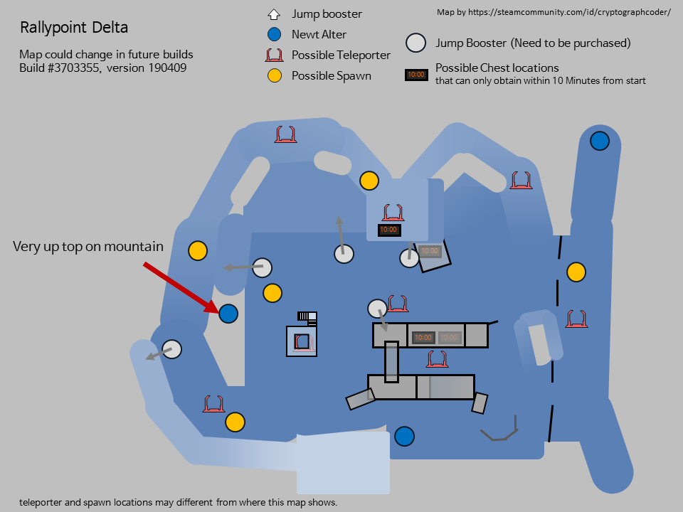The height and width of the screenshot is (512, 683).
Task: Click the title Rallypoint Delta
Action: pyautogui.click(x=74, y=28)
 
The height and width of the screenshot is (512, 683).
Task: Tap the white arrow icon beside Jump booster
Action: pyautogui.click(x=273, y=14)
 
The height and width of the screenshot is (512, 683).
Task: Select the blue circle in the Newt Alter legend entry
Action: pyautogui.click(x=275, y=34)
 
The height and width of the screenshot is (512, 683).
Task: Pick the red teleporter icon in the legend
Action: pyautogui.click(x=275, y=55)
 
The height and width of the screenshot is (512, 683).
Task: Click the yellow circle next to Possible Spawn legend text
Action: pyautogui.click(x=275, y=76)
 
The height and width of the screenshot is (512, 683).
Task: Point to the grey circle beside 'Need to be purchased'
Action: pyautogui.click(x=416, y=43)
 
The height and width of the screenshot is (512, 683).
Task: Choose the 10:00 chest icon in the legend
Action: pyautogui.click(x=416, y=75)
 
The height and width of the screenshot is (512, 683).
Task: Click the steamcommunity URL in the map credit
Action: pyautogui.click(x=569, y=12)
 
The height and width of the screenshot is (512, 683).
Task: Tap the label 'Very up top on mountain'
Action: pyautogui.click(x=88, y=247)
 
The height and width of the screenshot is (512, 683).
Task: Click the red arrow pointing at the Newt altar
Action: pyautogui.click(x=181, y=287)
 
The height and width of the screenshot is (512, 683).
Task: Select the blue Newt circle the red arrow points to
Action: pyautogui.click(x=228, y=314)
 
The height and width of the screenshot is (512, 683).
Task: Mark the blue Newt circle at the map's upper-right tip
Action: pyautogui.click(x=600, y=141)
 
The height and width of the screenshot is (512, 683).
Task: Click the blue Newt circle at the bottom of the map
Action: pyautogui.click(x=404, y=436)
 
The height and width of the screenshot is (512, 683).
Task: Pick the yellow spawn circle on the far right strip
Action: pyautogui.click(x=576, y=272)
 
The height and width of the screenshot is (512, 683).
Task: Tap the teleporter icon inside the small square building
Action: pyautogui.click(x=302, y=342)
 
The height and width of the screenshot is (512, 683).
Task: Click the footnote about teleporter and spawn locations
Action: pyautogui.click(x=178, y=502)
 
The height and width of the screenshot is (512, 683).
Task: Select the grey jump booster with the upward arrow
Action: pyautogui.click(x=344, y=255)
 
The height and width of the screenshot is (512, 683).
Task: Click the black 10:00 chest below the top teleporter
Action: pyautogui.click(x=389, y=230)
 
